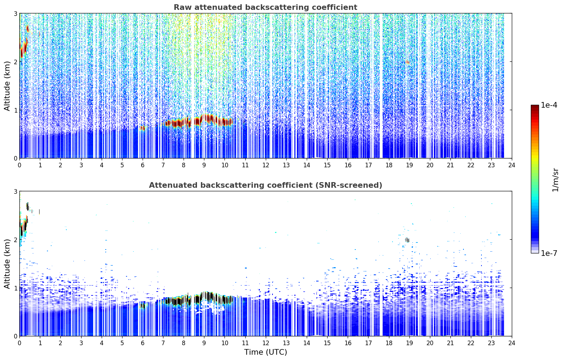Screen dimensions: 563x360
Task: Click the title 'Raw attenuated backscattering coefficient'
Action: tap(265, 7)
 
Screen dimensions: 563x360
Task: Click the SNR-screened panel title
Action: tap(265, 185)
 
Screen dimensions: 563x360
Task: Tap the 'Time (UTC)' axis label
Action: tap(265, 352)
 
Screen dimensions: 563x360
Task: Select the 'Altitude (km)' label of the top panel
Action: tap(7, 86)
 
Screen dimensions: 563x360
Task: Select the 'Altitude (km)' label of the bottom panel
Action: tap(7, 264)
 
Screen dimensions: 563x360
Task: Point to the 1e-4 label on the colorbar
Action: tap(549, 105)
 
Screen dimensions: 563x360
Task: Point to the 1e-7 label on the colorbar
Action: tap(549, 253)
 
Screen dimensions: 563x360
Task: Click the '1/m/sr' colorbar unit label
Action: tap(555, 180)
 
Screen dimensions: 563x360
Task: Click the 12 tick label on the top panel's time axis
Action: tap(266, 165)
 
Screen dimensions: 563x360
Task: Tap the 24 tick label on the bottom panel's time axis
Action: tap(512, 343)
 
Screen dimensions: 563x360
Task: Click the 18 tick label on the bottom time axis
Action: tap(389, 343)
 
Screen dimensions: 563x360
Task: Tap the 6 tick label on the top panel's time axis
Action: tap(143, 165)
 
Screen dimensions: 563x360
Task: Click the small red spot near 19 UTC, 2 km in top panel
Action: tap(407, 62)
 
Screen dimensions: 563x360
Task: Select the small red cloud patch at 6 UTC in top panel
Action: tap(142, 128)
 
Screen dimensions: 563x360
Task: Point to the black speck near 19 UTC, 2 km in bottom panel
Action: tap(407, 240)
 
